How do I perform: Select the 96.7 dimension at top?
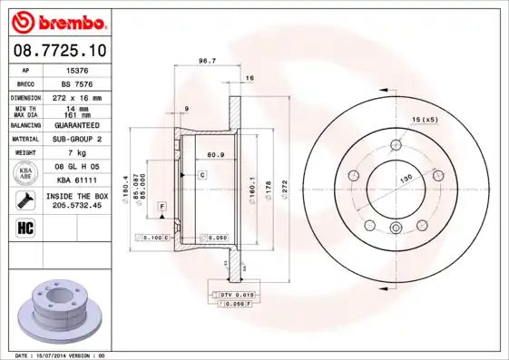[x=206, y=61]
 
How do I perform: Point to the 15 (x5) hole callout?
[x=424, y=120]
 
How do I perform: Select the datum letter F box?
[x=162, y=208]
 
